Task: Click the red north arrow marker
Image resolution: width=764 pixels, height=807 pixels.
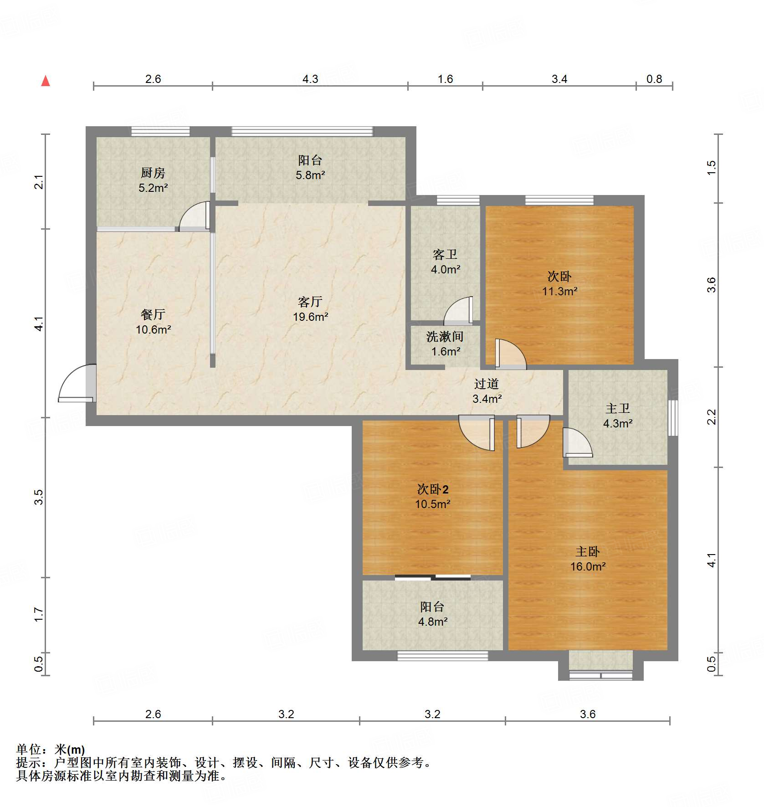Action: (46, 81)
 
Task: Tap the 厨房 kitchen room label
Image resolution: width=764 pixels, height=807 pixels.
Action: (153, 173)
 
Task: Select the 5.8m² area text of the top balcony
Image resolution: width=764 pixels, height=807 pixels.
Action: (310, 175)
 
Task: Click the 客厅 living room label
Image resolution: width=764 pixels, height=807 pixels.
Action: (310, 302)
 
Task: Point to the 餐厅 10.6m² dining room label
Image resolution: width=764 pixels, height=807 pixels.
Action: (153, 322)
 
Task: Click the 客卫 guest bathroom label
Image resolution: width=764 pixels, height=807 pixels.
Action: (445, 254)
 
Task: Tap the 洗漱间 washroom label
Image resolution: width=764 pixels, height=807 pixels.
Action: (445, 337)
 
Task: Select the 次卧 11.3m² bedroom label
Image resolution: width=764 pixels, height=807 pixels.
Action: (559, 283)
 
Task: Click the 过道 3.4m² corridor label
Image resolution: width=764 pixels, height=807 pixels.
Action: (487, 391)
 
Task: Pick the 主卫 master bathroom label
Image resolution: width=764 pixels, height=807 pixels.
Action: (618, 408)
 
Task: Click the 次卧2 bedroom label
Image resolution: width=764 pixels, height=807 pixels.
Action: (433, 489)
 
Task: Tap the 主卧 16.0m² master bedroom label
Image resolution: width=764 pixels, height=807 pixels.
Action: (588, 559)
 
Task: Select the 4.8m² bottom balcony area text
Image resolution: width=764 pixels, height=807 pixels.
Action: (433, 622)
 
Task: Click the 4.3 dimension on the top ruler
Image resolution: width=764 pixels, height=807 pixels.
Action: (310, 79)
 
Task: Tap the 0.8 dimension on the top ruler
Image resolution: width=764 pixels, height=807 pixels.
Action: (654, 79)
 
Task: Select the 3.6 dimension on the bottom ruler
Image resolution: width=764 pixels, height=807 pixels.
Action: (587, 714)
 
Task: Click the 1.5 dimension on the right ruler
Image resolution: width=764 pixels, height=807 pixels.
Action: (712, 168)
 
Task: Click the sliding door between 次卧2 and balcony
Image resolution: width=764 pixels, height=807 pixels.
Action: (433, 577)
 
